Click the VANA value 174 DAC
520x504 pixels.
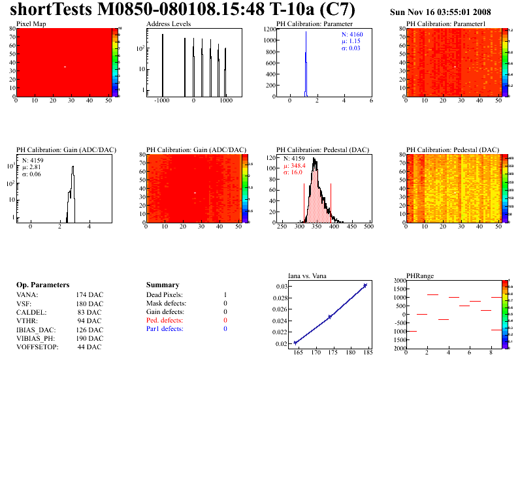pyautogui.click(x=89, y=295)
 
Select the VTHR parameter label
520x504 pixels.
pyautogui.click(x=27, y=321)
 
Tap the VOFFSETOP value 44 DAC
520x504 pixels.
pyautogui.click(x=89, y=347)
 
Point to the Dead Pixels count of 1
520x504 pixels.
pyautogui.click(x=225, y=295)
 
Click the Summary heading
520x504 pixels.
pyautogui.click(x=163, y=285)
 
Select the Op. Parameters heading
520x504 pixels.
pyautogui.click(x=42, y=285)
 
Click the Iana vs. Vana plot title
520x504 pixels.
pyautogui.click(x=312, y=276)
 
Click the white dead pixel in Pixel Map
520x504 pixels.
pyautogui.click(x=65, y=67)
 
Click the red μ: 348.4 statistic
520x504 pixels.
pyautogui.click(x=294, y=165)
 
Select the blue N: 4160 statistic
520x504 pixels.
pyautogui.click(x=353, y=34)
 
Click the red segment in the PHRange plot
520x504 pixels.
pyautogui.click(x=464, y=306)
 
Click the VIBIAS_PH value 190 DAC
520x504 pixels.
pyautogui.click(x=89, y=338)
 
